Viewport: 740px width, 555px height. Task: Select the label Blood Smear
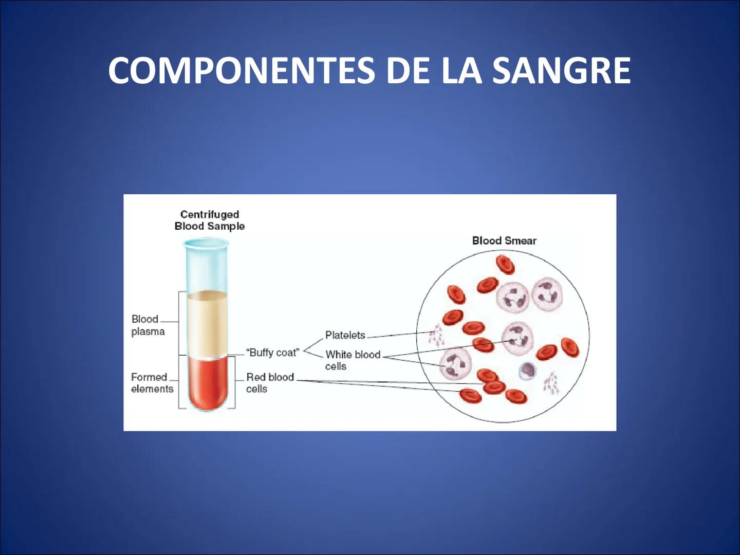click(x=504, y=240)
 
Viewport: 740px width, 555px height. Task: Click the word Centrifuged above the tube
click(x=210, y=214)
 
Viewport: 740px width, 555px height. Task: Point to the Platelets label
click(x=345, y=335)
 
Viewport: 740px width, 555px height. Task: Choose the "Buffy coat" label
click(x=272, y=353)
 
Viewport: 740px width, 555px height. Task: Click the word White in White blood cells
click(x=338, y=355)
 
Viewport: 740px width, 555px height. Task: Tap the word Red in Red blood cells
click(x=255, y=377)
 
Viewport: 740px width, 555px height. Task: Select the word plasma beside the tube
click(x=148, y=331)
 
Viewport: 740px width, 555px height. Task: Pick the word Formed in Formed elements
click(x=149, y=377)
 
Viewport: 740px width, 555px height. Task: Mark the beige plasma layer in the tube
click(x=207, y=324)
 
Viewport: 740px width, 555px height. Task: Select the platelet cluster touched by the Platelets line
click(x=436, y=336)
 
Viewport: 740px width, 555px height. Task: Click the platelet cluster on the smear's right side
click(x=551, y=383)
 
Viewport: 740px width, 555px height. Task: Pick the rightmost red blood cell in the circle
click(x=570, y=347)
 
